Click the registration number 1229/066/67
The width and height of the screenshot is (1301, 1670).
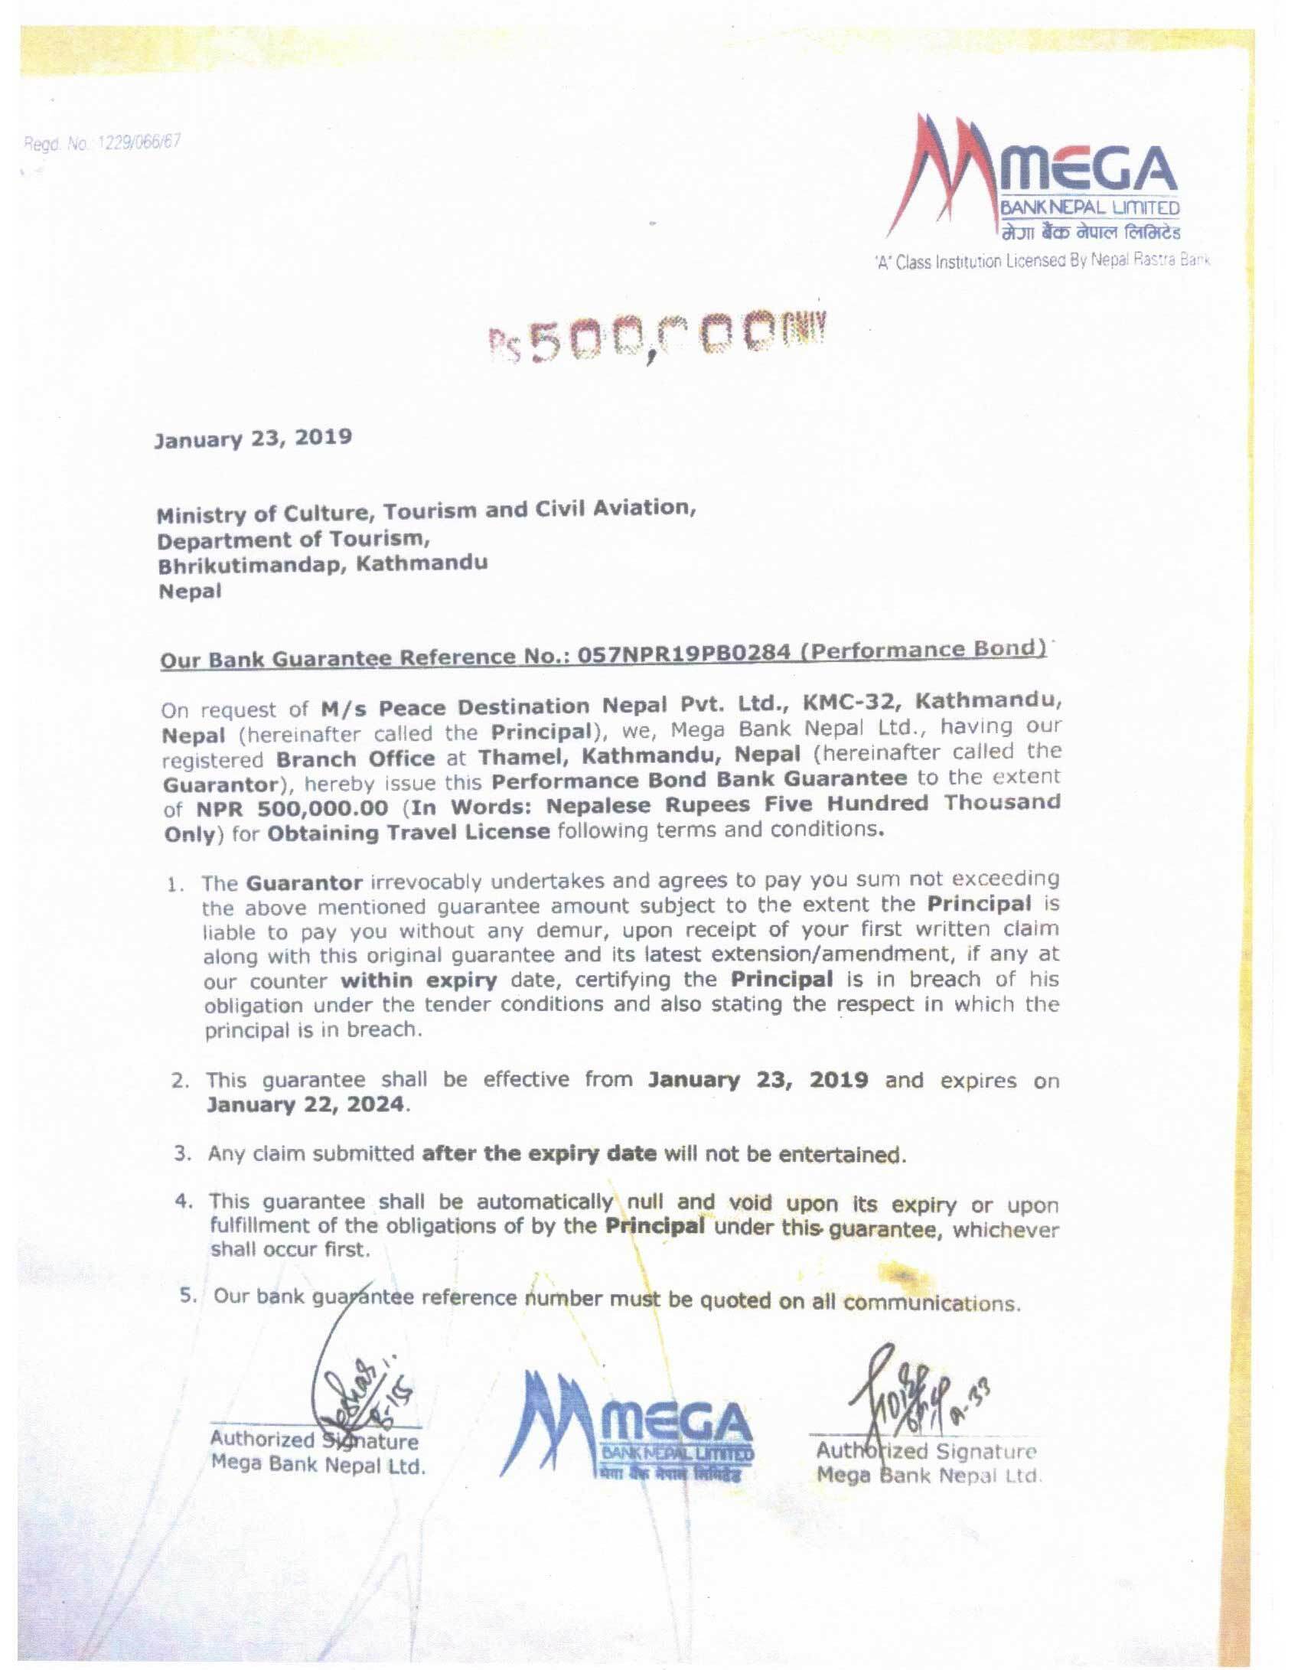click(137, 142)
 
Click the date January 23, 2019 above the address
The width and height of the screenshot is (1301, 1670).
click(253, 438)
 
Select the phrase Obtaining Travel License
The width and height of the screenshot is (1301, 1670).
click(408, 832)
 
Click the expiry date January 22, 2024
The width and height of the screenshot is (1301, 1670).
click(304, 1105)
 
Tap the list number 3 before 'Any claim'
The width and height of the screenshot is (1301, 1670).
click(182, 1153)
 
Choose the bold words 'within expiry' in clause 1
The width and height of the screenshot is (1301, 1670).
click(419, 980)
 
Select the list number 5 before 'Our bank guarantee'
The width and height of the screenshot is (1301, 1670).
click(186, 1296)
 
